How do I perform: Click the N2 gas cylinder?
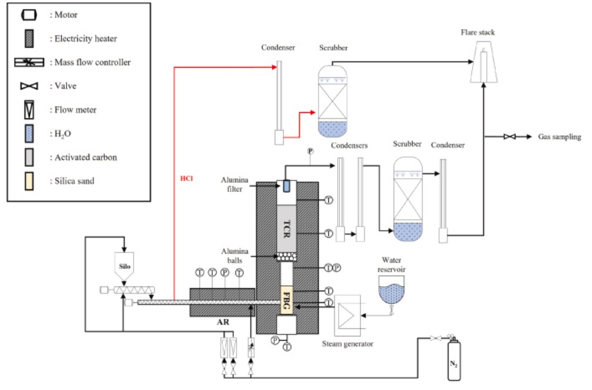(454, 359)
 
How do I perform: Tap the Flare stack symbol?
(484, 62)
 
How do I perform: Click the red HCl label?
(187, 178)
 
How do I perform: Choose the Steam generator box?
(347, 316)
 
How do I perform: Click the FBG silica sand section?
(287, 300)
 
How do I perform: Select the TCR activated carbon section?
(287, 228)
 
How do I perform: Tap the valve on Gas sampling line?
(510, 136)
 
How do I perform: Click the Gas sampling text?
(560, 136)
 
